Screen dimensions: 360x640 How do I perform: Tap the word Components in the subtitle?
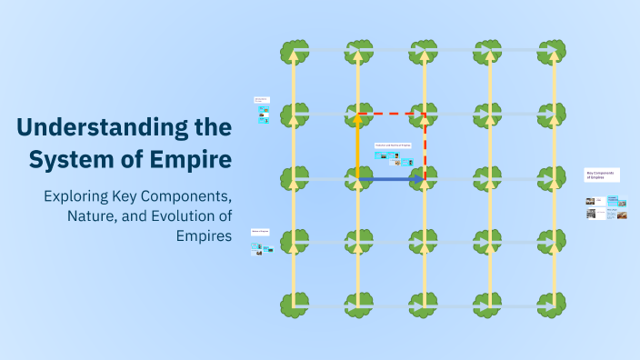click(185, 196)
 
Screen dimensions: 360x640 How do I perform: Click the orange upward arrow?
click(358, 145)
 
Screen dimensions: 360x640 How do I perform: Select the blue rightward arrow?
click(391, 180)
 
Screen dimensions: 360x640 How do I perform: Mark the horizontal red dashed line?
click(392, 114)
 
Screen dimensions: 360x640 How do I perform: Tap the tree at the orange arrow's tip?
click(358, 115)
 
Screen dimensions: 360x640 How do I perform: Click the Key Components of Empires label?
click(601, 175)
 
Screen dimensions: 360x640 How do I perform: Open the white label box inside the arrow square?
click(393, 145)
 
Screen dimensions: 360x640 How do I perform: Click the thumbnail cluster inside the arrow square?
click(394, 157)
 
